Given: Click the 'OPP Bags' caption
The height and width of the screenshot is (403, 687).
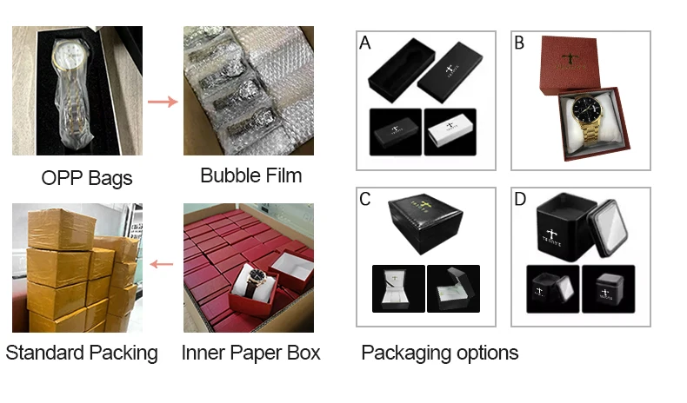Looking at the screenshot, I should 87,179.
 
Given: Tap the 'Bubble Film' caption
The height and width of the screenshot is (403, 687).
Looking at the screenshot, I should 250,175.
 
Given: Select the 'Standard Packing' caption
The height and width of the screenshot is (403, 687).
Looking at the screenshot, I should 83,353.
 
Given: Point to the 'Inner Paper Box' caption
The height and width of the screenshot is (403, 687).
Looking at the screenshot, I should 250,353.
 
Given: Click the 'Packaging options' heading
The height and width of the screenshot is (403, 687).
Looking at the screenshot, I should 439,353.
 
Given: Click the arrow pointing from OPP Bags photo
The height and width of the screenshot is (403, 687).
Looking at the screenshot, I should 162,102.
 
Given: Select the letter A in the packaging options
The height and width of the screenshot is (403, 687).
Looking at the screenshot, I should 365,43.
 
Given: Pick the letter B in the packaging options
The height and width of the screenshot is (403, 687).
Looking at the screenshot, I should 519,43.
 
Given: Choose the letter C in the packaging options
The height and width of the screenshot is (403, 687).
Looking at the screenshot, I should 366,200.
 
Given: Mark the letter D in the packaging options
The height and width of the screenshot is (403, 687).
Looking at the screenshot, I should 520,200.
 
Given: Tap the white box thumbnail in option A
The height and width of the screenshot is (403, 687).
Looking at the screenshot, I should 450,132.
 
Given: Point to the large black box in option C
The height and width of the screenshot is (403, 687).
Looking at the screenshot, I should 426,221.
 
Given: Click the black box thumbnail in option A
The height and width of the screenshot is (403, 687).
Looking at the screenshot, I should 396,132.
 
